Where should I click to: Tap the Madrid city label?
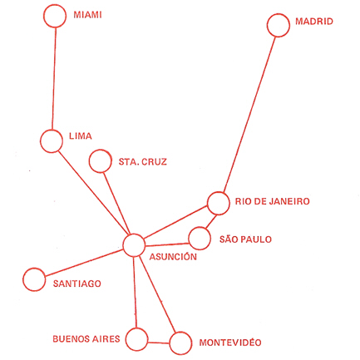pos(314,22)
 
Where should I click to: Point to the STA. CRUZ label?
pos(143,161)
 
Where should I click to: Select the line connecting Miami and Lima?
pos(54,78)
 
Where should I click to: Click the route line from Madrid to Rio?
pos(249,114)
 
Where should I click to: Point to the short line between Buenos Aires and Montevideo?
pos(159,343)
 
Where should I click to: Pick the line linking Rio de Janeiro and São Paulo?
pos(211,221)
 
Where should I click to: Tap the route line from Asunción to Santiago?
pos(84,263)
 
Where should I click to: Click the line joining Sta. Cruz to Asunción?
pos(116,204)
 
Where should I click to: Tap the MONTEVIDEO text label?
pos(230,343)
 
